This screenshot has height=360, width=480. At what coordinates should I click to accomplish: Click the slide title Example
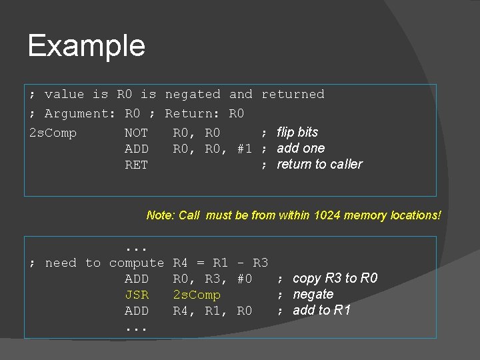(x=87, y=46)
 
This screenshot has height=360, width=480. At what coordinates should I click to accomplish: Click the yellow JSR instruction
(x=137, y=295)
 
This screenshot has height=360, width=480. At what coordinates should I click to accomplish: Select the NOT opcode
(x=137, y=133)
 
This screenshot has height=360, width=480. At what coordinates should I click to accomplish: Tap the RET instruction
(x=137, y=165)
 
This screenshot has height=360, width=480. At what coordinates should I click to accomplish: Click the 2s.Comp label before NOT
(x=53, y=133)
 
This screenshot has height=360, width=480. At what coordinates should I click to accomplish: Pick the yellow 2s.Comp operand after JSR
(x=197, y=295)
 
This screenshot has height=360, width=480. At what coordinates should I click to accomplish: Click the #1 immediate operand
(x=245, y=149)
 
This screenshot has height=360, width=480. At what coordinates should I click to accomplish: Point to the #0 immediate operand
(x=245, y=279)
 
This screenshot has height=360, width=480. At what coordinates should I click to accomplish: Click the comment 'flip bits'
(x=297, y=133)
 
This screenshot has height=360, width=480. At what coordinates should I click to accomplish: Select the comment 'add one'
(x=301, y=149)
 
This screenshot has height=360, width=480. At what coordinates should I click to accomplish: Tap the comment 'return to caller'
(x=319, y=165)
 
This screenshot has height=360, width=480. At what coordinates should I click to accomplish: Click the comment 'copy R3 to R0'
(x=335, y=279)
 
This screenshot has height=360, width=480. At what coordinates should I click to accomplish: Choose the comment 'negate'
(x=313, y=295)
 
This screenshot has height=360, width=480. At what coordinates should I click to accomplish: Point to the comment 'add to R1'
(x=321, y=311)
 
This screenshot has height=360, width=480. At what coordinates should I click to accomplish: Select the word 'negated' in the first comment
(x=193, y=95)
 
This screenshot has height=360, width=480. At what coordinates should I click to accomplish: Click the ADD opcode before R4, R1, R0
(x=137, y=311)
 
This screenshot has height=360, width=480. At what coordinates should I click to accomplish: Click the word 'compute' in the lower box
(x=137, y=263)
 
